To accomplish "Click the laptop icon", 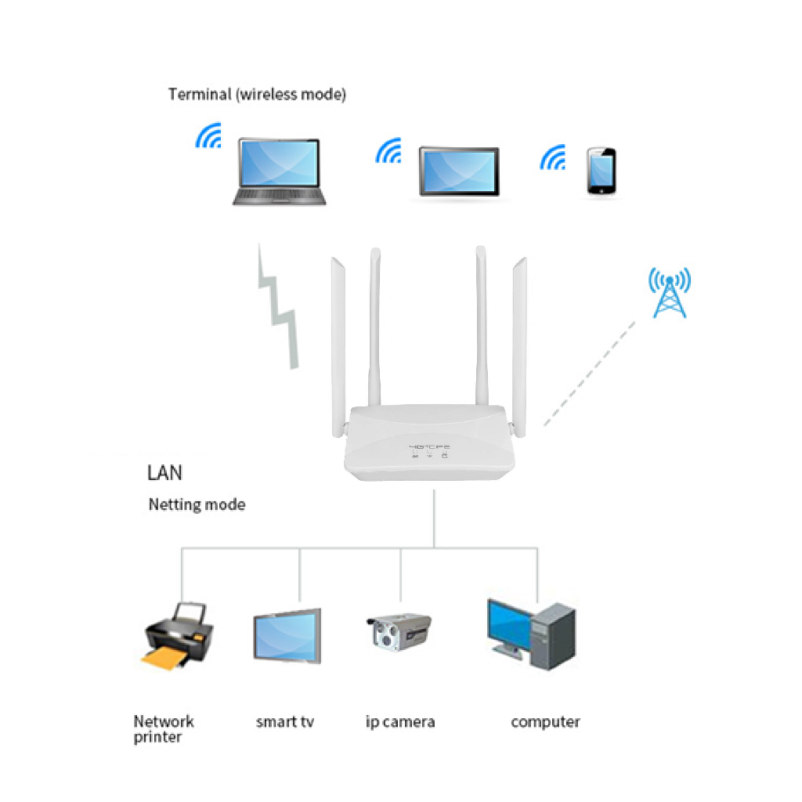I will coord(280,172).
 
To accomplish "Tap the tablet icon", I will coord(458,171).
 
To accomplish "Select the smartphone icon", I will coord(601,171).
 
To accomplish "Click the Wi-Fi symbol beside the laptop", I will coord(209,136).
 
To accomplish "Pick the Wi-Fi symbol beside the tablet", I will coord(388,151).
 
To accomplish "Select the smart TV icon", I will coord(287,636).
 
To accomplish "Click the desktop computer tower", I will coord(553,636).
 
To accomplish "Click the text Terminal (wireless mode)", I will coord(257,95).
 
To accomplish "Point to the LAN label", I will coord(164,473).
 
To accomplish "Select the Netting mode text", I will coord(197,505).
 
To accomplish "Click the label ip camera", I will coord(400,721).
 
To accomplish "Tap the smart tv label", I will coord(285,721).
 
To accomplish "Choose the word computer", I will coord(545,721).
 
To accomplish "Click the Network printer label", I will coord(163,729).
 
